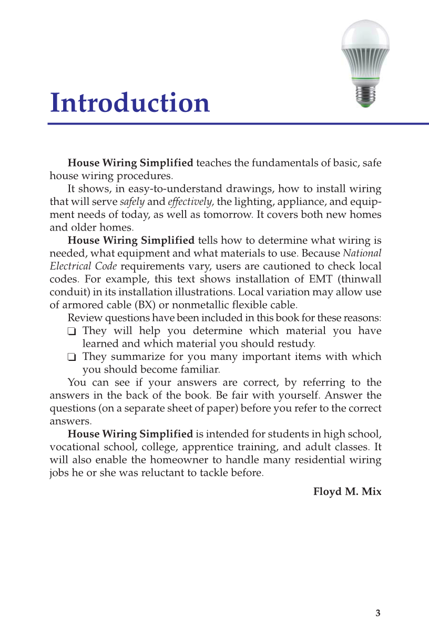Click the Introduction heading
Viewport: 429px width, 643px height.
[x=130, y=103]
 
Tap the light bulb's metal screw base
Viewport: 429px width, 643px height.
[x=365, y=96]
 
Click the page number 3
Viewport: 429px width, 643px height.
[x=378, y=613]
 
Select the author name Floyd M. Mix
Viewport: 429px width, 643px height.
[x=347, y=492]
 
